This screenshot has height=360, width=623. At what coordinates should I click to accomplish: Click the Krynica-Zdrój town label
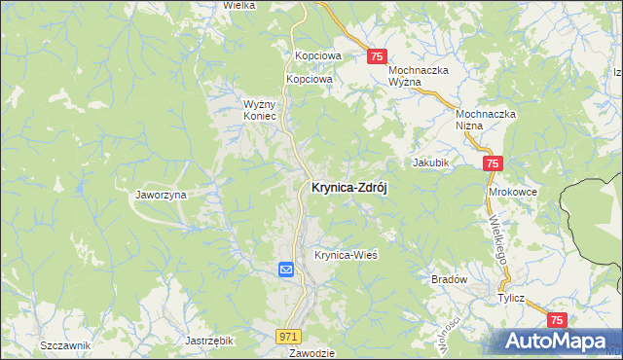coord(348,189)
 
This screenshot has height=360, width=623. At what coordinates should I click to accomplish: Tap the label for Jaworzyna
coord(161,195)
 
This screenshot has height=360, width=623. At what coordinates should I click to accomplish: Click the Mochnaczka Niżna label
coord(486,120)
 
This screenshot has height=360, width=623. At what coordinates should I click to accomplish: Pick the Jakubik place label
coord(430,162)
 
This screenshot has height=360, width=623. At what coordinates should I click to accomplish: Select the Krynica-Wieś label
coord(345,255)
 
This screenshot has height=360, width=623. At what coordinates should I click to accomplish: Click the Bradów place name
coord(450,279)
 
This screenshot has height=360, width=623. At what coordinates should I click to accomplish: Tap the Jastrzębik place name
coord(209,342)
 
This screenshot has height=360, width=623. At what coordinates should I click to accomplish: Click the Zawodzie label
coord(311,353)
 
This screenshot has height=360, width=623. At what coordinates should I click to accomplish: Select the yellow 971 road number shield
coord(287,336)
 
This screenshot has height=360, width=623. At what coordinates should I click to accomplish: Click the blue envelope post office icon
coord(286,270)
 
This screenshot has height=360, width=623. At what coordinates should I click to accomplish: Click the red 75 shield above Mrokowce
coord(494,165)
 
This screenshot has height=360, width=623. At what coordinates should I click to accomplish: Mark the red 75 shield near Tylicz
coord(558,320)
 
